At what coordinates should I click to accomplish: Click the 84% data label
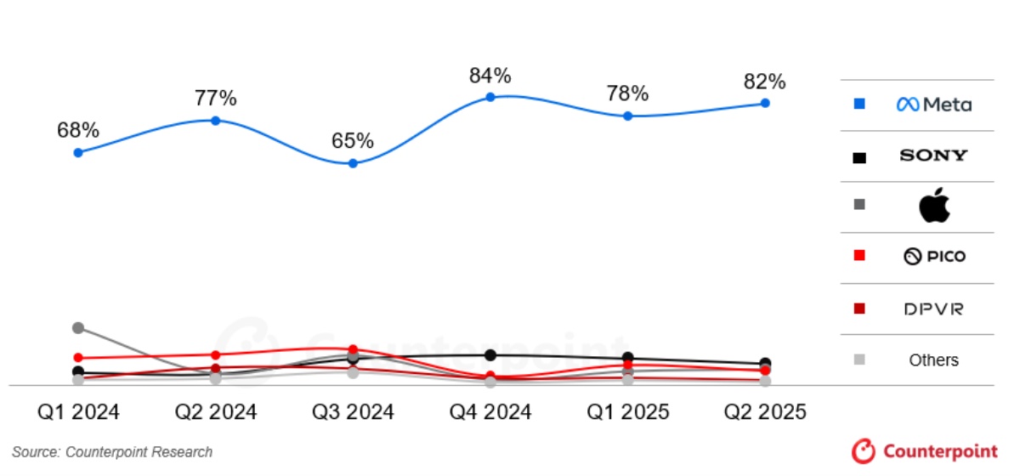(x=490, y=76)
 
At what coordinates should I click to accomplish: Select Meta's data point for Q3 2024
(x=353, y=162)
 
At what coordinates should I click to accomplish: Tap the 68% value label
(x=78, y=131)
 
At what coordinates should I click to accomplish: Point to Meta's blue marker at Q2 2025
(x=765, y=103)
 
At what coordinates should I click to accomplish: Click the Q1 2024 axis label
(x=78, y=412)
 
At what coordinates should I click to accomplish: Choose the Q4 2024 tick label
(x=490, y=412)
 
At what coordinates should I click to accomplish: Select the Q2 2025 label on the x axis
(x=765, y=412)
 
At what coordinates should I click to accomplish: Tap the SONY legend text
(x=933, y=156)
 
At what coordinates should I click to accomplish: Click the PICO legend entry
(x=934, y=257)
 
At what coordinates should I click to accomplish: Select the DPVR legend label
(x=933, y=309)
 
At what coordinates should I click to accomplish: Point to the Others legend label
(x=933, y=360)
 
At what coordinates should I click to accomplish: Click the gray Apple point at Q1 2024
(x=78, y=327)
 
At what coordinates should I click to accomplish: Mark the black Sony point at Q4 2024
(x=490, y=354)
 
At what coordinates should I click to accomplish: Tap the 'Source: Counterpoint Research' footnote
(x=112, y=452)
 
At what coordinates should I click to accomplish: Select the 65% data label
(x=353, y=140)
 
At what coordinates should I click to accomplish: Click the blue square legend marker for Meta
(x=859, y=105)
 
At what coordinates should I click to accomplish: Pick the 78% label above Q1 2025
(x=627, y=93)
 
